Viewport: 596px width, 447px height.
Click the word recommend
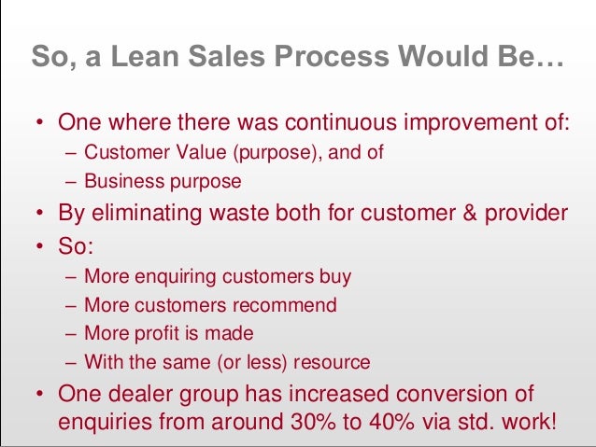point(291,305)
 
